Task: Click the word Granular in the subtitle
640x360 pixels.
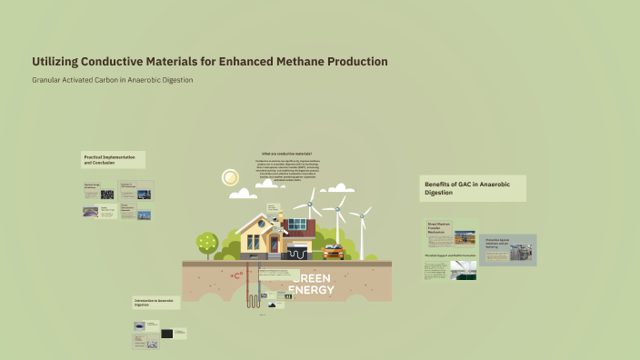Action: click(x=49, y=80)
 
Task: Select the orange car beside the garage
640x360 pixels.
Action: click(x=334, y=252)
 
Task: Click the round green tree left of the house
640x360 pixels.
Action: click(x=207, y=243)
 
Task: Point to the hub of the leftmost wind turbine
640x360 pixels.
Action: click(x=311, y=200)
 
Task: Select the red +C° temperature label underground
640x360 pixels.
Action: click(x=237, y=275)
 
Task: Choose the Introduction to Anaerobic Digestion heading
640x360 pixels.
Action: click(x=155, y=303)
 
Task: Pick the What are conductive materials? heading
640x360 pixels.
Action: click(x=286, y=154)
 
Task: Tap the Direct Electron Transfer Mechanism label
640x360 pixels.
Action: click(x=439, y=227)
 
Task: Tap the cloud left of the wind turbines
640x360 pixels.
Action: click(x=244, y=193)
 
